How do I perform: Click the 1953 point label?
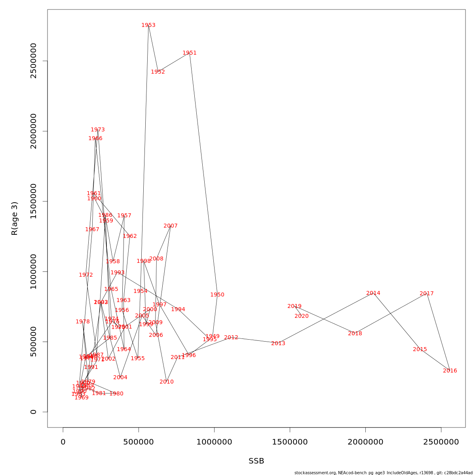148,25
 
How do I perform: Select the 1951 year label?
190,53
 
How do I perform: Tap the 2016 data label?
450,371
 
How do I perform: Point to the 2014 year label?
373,293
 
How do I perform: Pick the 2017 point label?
427,294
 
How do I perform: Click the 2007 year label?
171,226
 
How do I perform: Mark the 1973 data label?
98,130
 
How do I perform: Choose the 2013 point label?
278,344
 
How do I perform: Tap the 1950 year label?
217,295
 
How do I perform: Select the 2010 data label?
167,382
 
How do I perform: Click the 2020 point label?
302,316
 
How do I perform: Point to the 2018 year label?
355,334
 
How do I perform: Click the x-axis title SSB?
256,461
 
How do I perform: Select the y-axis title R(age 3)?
15,218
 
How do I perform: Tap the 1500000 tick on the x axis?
290,442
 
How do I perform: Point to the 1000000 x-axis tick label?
214,442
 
